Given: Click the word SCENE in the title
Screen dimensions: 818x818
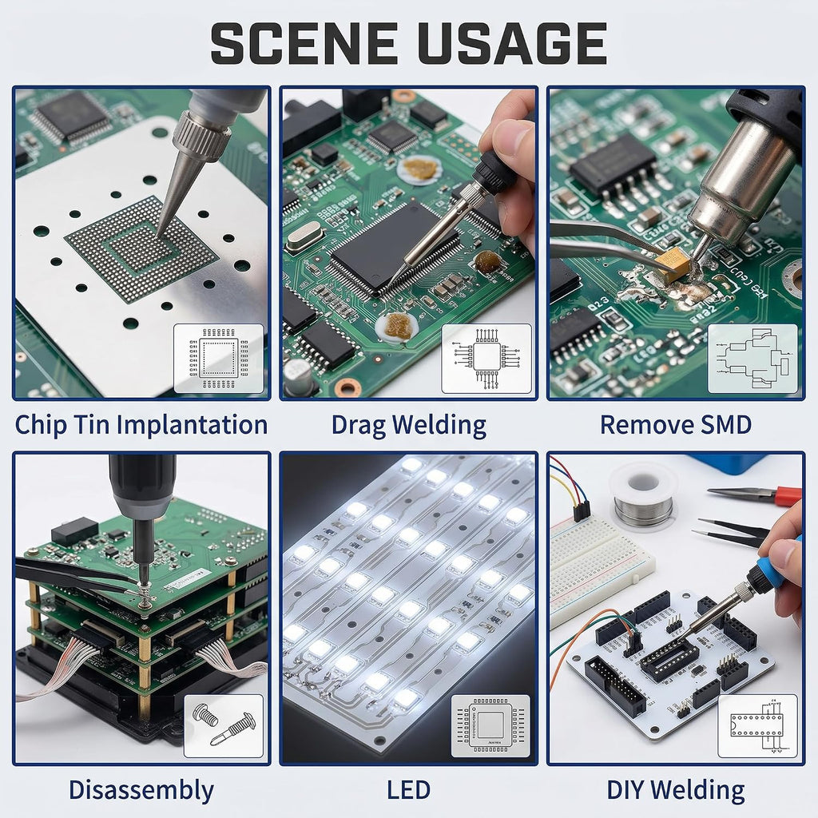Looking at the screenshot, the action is click(x=303, y=43).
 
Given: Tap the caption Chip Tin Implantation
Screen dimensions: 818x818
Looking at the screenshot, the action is click(x=141, y=425).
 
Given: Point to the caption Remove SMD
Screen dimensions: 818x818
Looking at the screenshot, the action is click(x=676, y=425).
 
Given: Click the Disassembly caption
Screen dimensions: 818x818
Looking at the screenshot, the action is click(x=141, y=790).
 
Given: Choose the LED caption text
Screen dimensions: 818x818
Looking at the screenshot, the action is click(x=408, y=790).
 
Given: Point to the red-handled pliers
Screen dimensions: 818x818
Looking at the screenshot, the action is click(x=756, y=494).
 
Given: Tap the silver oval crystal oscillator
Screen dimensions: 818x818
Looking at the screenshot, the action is click(x=304, y=236).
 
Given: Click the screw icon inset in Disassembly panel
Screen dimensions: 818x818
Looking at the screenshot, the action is click(x=224, y=725).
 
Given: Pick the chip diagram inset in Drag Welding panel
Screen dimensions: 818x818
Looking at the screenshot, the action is click(x=486, y=359).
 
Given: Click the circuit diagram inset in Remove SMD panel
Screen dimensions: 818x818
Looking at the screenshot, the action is click(x=752, y=359).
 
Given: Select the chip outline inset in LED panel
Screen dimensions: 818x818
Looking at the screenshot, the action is click(x=490, y=725).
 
